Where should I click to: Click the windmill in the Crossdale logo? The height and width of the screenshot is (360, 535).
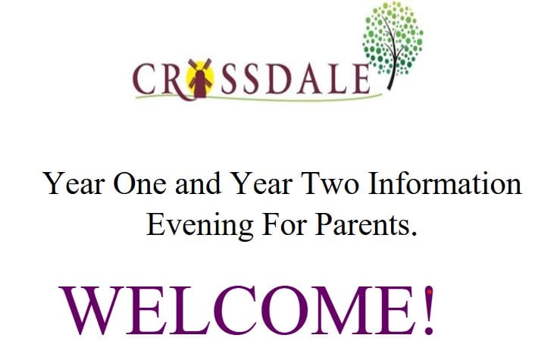pos(199,79)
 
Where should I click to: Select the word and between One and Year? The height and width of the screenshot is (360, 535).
pos(196,185)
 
